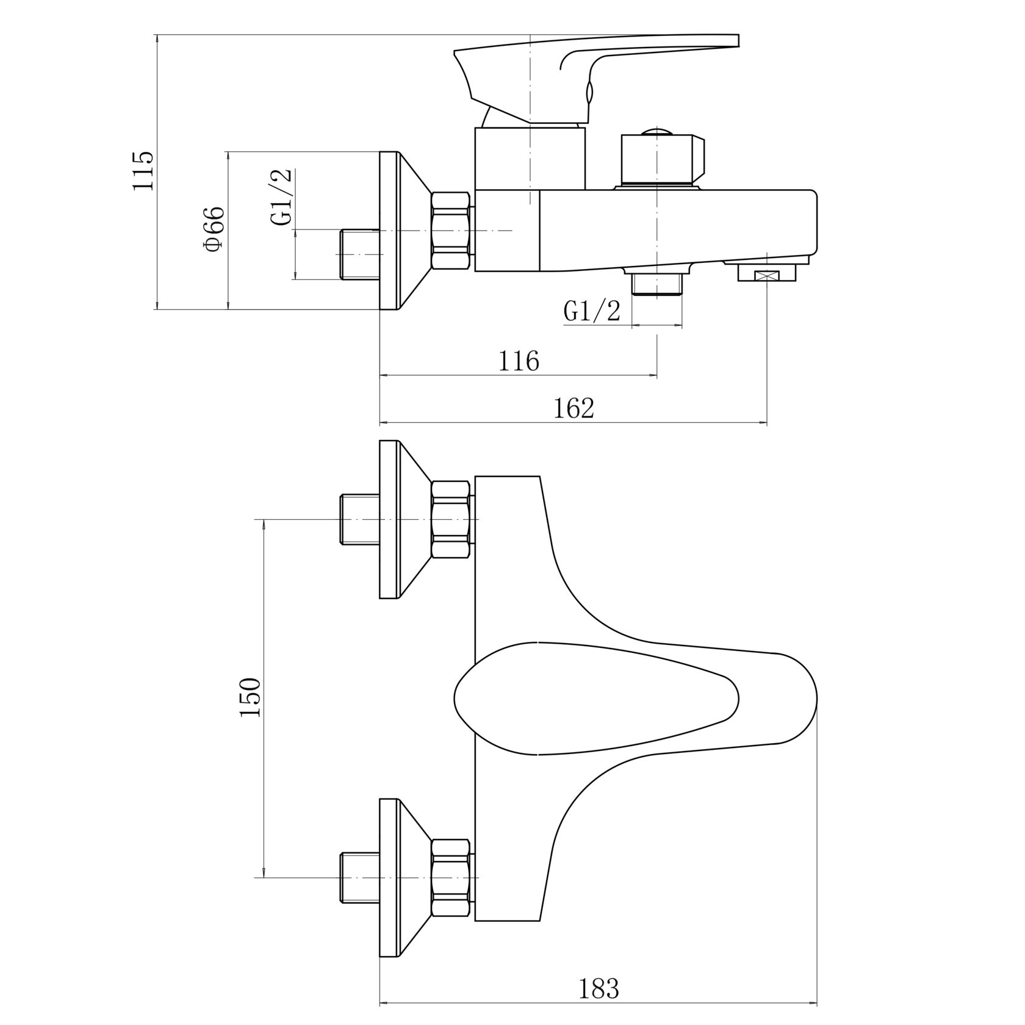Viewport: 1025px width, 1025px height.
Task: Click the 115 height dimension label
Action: pos(144,170)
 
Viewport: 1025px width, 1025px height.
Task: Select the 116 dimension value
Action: pos(519,361)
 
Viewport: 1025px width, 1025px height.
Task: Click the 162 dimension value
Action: pos(574,408)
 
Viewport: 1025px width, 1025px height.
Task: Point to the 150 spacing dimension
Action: pos(250,697)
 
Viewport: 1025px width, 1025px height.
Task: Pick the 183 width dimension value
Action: pos(599,989)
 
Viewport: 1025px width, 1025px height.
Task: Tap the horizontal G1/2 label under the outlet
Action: pos(592,311)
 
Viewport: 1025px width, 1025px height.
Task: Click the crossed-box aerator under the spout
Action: pos(767,273)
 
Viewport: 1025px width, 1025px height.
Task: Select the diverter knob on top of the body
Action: pos(663,159)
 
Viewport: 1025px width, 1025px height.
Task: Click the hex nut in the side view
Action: pos(451,231)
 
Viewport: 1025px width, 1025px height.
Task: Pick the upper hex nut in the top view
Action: pos(451,519)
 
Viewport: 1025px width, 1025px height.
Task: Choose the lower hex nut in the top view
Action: pos(451,878)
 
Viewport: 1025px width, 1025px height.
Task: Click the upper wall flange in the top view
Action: pos(405,519)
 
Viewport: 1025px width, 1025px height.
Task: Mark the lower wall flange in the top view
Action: pos(405,878)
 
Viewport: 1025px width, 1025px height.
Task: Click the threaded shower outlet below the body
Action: pos(656,284)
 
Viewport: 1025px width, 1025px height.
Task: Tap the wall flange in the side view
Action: pos(405,231)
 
